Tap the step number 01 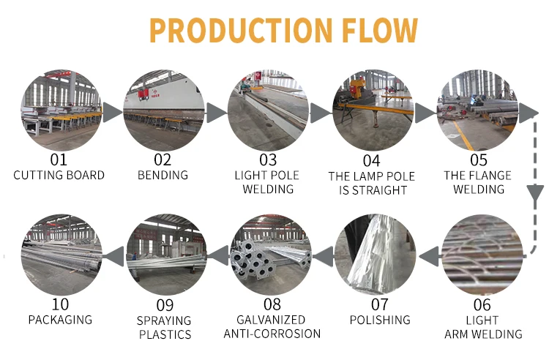tap(59, 160)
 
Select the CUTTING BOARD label tap(59, 176)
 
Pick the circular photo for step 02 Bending tap(163, 111)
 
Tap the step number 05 tap(479, 160)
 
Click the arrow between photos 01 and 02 tap(111, 112)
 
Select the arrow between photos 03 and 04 tap(320, 112)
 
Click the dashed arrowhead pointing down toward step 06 tap(532, 192)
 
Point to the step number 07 tap(379, 304)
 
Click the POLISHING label tap(379, 320)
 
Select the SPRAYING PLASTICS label tap(164, 328)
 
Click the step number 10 tap(60, 304)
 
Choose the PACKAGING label tap(60, 320)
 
